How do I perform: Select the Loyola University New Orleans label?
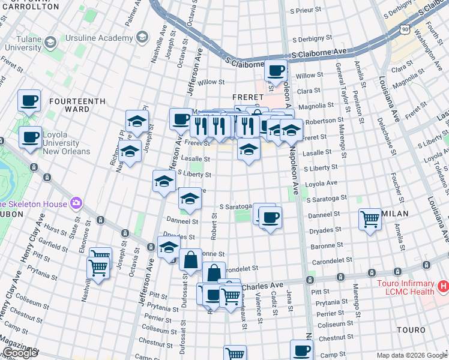coord(53,147)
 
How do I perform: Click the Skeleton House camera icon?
coord(76,203)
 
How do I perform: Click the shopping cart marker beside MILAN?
coord(370,219)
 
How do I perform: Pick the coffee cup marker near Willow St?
coord(276,71)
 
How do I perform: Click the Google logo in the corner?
coord(20,353)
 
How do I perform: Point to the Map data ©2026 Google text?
coord(411,355)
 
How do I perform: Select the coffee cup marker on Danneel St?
coord(270,217)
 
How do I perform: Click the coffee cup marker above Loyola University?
coord(28,101)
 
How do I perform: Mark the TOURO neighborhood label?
coord(411,330)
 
